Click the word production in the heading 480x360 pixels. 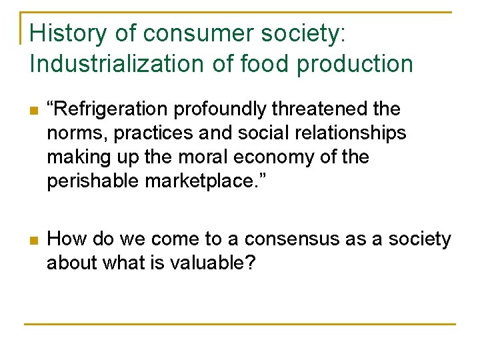tap(355, 64)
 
